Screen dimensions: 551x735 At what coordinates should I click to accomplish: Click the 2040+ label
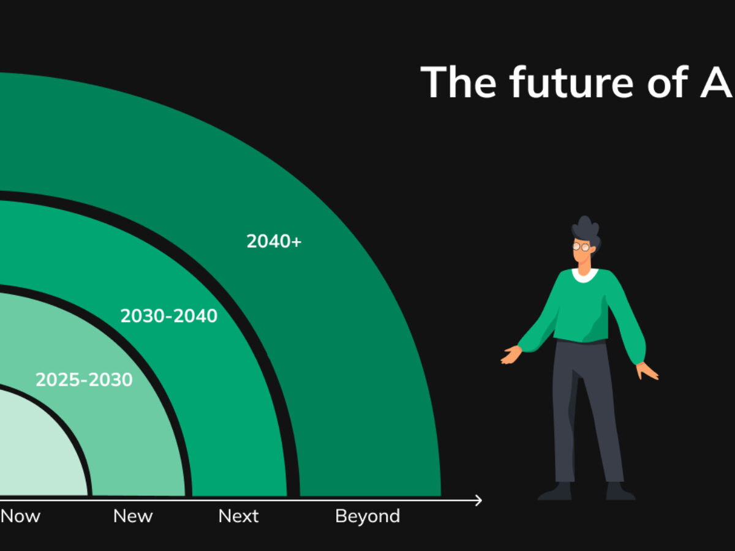[274, 241]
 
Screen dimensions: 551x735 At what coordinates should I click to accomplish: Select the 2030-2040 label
[168, 316]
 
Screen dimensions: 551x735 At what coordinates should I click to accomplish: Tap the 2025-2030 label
[84, 380]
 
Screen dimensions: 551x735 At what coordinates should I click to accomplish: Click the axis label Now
[20, 516]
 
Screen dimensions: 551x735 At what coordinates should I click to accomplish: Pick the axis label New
[133, 516]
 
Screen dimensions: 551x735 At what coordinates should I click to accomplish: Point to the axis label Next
[239, 516]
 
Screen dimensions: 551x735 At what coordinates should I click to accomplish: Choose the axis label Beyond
[367, 516]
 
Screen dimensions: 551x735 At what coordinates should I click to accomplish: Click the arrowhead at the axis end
[478, 501]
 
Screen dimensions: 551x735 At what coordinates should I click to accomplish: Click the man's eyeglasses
[582, 247]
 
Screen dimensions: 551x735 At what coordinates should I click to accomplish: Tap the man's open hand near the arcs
[511, 354]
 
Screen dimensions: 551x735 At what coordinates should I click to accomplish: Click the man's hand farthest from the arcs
[647, 370]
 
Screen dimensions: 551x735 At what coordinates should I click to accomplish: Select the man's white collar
[585, 275]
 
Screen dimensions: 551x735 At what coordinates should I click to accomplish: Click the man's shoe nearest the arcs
[555, 491]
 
